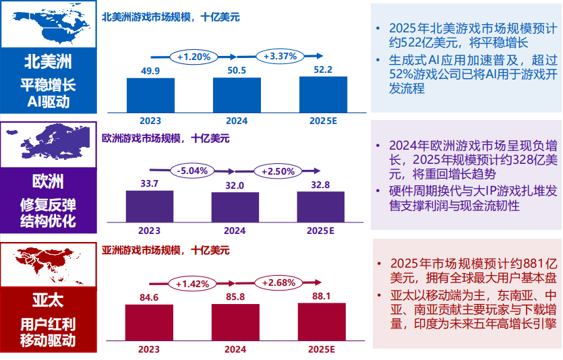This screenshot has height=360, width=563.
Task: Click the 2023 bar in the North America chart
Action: point(150,95)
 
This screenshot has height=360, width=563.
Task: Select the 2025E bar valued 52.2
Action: point(323,94)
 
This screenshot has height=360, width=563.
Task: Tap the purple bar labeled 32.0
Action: point(235,207)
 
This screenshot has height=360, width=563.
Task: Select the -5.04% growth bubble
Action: point(194,171)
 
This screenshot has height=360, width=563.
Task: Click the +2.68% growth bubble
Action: point(280,282)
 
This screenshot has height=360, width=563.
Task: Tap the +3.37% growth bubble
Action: point(280,57)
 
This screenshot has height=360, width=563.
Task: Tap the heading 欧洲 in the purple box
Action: point(48,182)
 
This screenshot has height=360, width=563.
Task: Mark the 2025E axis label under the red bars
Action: point(322,349)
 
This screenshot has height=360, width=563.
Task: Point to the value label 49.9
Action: point(150,71)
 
